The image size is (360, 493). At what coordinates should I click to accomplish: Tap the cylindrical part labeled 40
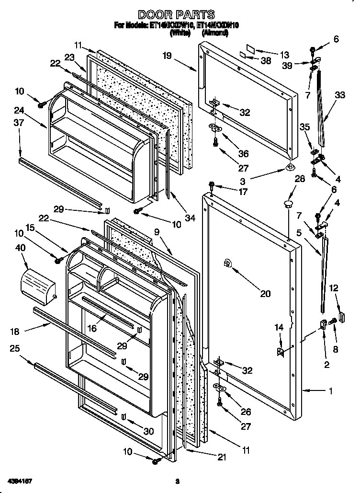coord(38,286)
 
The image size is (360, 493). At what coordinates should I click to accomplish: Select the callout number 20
coord(265,294)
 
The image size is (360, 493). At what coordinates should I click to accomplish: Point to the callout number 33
coord(339,95)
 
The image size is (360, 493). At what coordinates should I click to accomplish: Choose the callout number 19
coord(167,56)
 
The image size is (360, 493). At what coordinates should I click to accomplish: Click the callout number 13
coord(285,54)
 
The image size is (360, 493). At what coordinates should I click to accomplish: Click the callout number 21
coord(221,457)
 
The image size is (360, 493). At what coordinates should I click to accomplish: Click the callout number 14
coord(279,327)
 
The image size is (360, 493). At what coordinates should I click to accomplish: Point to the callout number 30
coord(149,431)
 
